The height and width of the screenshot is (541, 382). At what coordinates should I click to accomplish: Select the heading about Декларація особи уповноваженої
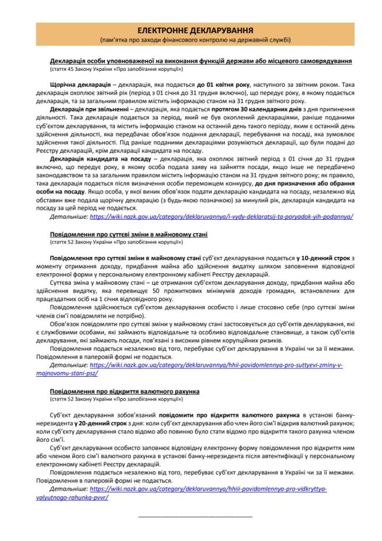click(200, 61)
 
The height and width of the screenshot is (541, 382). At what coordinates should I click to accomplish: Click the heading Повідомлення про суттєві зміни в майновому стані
click(129, 234)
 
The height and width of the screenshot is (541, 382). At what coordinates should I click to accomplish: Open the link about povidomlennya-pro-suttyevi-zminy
click(216, 365)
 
